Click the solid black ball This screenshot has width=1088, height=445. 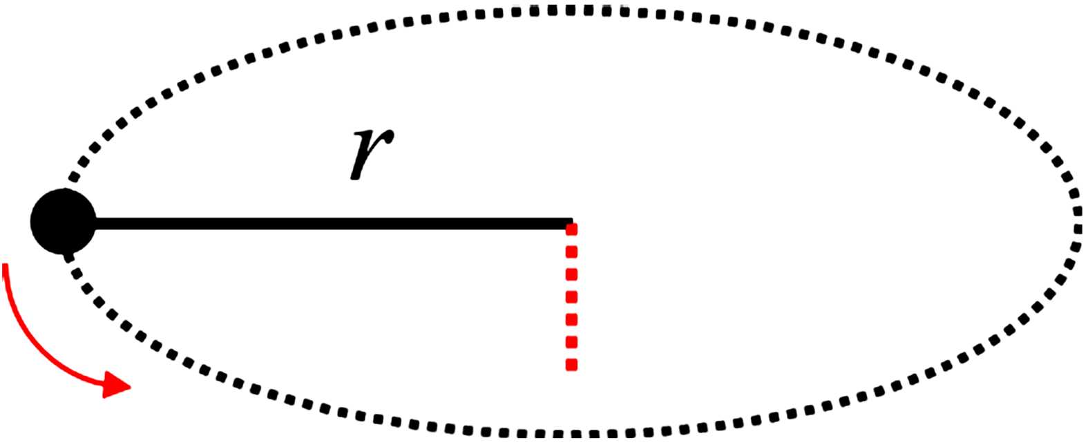coord(62,221)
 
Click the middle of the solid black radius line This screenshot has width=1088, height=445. coord(332,223)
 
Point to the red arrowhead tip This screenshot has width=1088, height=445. coord(130,386)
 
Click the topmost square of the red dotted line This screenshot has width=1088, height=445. coord(571,229)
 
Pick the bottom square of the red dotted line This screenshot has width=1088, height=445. coord(571,364)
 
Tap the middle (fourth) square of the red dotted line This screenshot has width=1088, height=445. coord(571,297)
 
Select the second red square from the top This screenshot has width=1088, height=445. coord(571,252)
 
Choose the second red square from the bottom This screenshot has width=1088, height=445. coord(571,342)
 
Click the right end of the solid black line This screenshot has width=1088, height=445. coord(571,223)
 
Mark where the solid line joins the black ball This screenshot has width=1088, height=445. coord(94,223)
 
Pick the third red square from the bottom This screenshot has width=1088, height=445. coord(571,319)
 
